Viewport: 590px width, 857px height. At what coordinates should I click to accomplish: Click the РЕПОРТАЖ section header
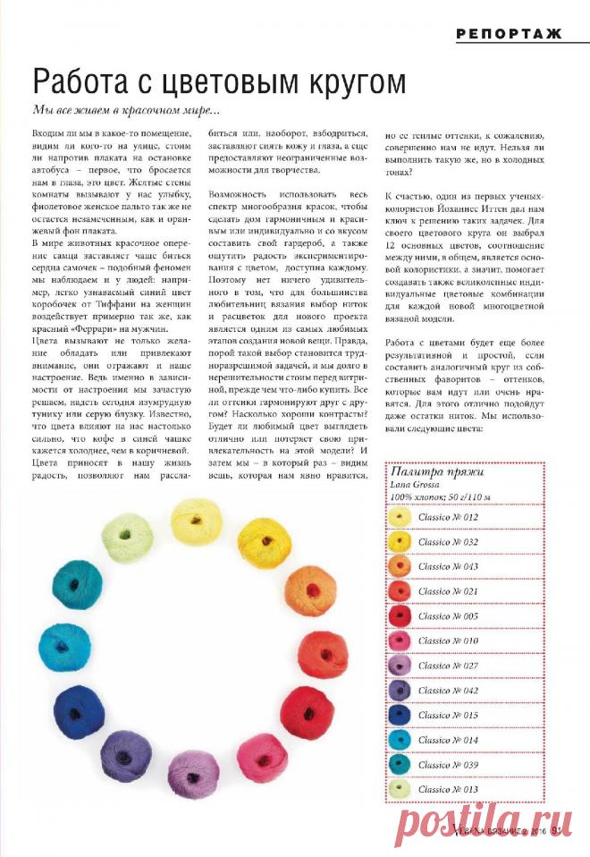point(509,35)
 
